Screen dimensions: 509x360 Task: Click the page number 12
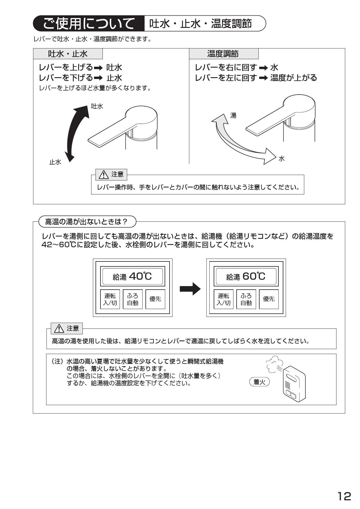(344, 496)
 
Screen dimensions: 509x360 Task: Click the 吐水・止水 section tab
(68, 54)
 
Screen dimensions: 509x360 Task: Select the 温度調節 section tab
(223, 54)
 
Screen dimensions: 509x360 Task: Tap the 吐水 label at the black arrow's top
(97, 107)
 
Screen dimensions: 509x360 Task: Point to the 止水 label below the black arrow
(55, 162)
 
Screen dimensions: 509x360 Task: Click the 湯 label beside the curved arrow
(233, 116)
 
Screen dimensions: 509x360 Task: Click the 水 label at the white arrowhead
(281, 159)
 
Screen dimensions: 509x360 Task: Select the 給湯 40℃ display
(132, 276)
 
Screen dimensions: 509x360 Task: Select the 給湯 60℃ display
(246, 276)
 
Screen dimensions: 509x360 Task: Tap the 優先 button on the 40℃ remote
(155, 299)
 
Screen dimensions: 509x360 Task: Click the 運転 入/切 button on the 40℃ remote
(110, 299)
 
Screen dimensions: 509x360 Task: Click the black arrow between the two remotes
(190, 289)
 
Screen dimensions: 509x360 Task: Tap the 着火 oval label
(260, 382)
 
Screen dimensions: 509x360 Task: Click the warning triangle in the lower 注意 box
(59, 328)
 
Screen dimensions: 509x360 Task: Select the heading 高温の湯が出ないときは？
(87, 222)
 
